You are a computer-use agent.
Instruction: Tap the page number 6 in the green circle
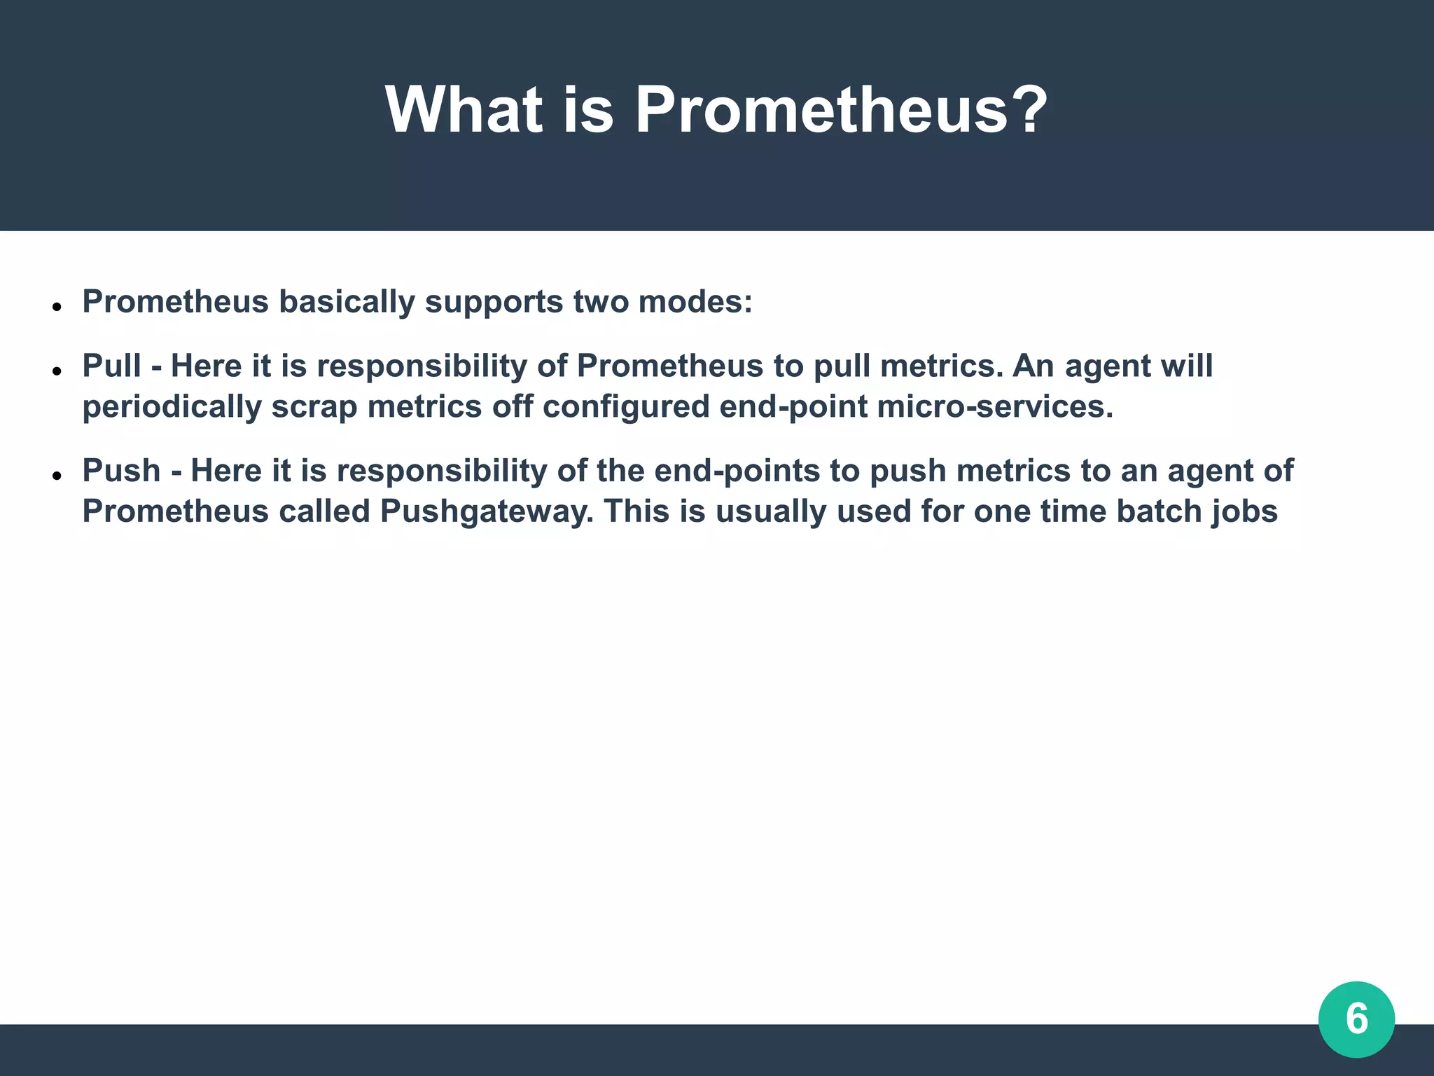[1356, 1019]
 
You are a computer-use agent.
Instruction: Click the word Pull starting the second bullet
[112, 366]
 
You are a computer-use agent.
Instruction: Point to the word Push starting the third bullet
[122, 470]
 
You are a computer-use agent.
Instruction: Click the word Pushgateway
[486, 511]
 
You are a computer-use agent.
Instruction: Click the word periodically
[172, 407]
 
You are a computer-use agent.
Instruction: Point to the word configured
[626, 407]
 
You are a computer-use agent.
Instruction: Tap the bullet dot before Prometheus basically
[57, 306]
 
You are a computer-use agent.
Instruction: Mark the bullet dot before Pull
[57, 370]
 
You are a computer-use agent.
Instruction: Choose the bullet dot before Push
[57, 474]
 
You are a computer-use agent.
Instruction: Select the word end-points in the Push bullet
[737, 471]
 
